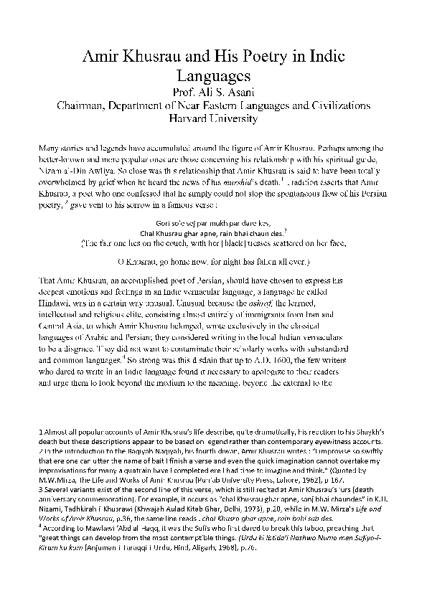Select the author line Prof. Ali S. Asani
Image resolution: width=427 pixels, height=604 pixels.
click(x=212, y=92)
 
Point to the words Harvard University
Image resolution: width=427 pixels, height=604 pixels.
click(x=213, y=118)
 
